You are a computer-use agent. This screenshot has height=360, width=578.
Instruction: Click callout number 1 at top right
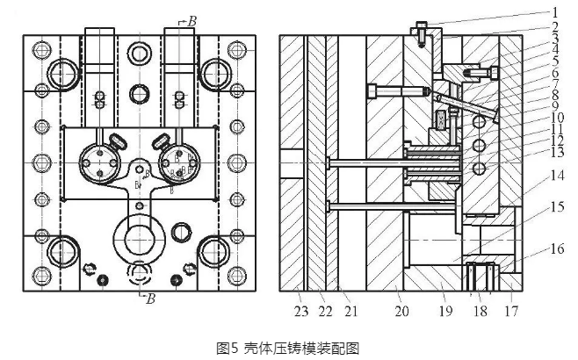tap(555, 11)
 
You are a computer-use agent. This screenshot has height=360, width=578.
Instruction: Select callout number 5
tap(555, 59)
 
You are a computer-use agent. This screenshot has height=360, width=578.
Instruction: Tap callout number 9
tap(555, 104)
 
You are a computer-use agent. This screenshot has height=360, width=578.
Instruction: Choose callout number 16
tap(555, 249)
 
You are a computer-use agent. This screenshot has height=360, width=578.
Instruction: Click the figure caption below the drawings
tap(289, 348)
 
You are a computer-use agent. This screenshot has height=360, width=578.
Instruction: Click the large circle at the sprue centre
tap(140, 239)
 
